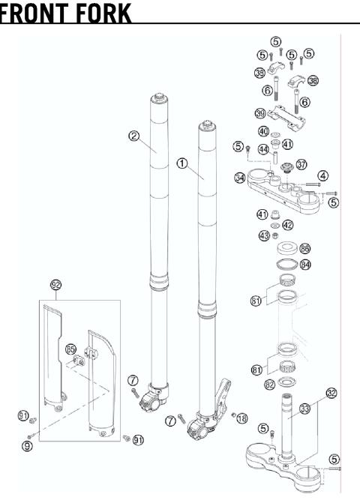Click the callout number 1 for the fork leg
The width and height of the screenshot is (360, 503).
(181, 163)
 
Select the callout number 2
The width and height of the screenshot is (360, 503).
(133, 136)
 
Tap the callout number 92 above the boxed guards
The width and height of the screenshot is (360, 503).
(55, 285)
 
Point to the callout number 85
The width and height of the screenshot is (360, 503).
(70, 349)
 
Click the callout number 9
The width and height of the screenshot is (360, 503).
(27, 445)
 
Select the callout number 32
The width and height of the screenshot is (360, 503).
(331, 392)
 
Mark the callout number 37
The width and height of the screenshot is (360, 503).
(301, 163)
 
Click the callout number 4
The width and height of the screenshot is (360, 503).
(322, 175)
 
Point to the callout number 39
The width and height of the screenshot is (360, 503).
(259, 73)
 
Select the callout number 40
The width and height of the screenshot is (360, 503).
(263, 130)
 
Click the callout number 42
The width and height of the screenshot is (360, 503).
(288, 224)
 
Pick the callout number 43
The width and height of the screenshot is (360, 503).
(263, 235)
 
